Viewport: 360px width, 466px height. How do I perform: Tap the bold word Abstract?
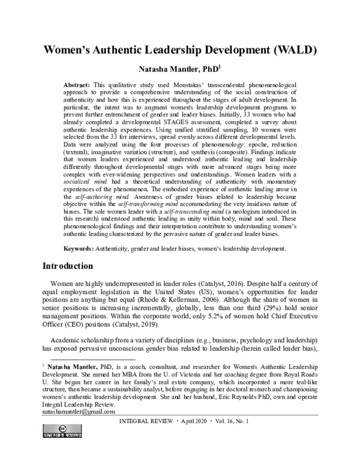(x=80, y=86)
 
